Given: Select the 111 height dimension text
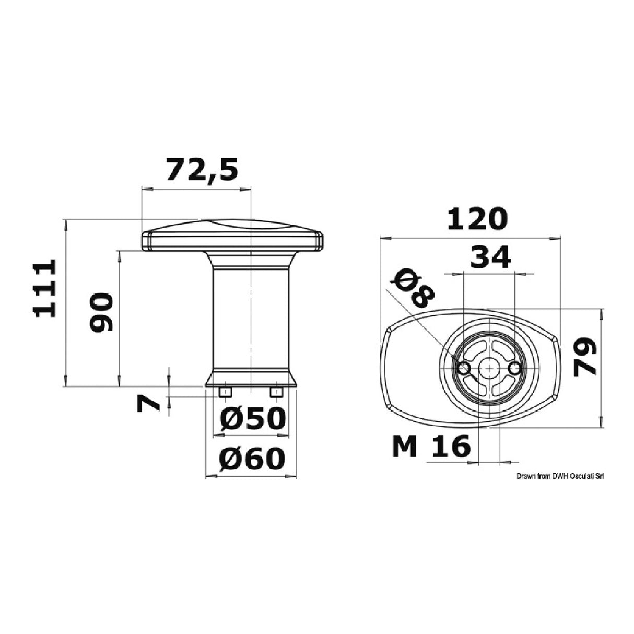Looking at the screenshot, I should coord(44,288).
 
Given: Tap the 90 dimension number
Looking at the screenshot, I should coord(100,312).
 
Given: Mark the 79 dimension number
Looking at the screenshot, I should coord(584,357).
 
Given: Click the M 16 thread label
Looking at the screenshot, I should coord(431,447).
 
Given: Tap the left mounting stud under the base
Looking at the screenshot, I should coord(226,392).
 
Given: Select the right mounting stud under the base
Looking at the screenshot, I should coord(276,392).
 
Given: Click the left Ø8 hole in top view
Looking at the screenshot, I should coord(464,369).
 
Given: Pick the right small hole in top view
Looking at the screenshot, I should coord(514,369).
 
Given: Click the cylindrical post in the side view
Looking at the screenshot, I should coord(251,319).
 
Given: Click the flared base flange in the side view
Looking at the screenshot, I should coord(251,379).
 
